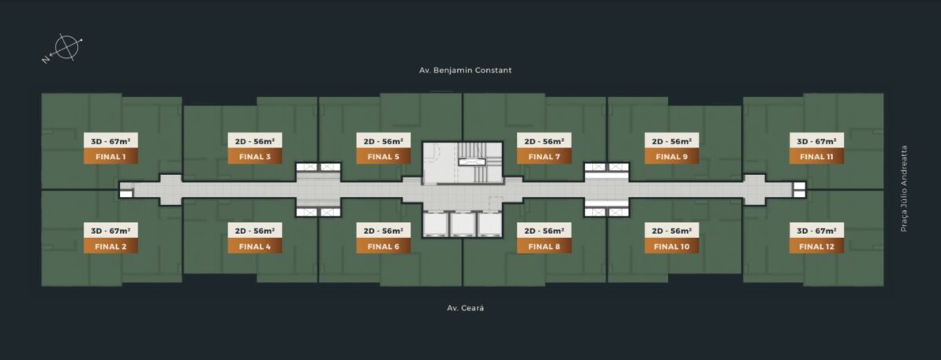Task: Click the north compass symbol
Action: [65, 48]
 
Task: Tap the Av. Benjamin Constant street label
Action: [465, 70]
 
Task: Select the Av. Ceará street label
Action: [465, 308]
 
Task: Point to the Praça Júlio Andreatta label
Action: [903, 188]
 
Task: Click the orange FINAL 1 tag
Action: [111, 156]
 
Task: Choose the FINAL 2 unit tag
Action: [111, 246]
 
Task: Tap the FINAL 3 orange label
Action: [255, 156]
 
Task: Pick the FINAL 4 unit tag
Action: [255, 246]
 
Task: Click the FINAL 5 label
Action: [383, 156]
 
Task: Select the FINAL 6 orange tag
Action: [383, 246]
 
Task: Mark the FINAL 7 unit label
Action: [544, 156]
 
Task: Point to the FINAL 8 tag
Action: [544, 246]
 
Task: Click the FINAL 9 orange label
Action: [672, 156]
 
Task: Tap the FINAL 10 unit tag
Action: [672, 246]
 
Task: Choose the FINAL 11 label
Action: [816, 156]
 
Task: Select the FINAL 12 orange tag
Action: [816, 246]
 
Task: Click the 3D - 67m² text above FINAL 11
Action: [816, 141]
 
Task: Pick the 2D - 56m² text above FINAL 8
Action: [544, 231]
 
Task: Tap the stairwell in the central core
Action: [478, 162]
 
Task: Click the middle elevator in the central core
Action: [463, 224]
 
